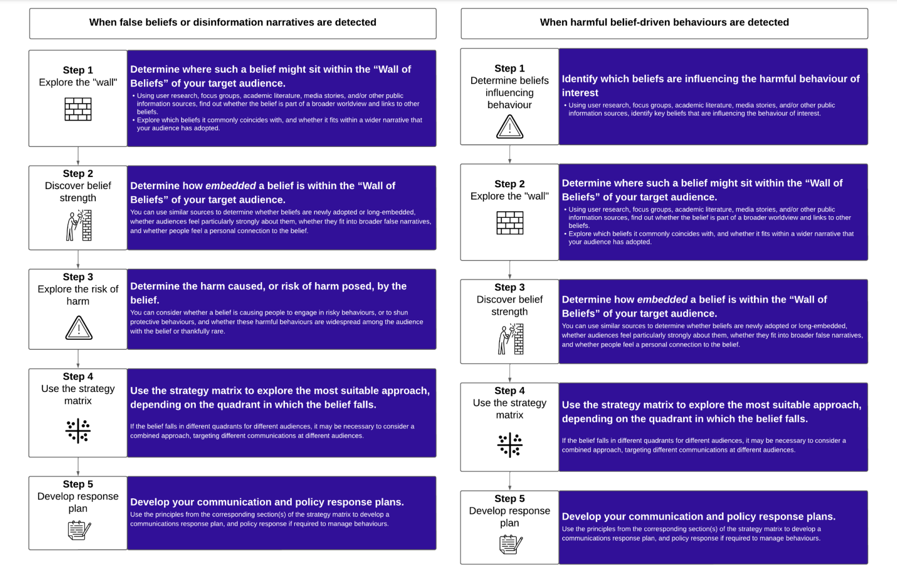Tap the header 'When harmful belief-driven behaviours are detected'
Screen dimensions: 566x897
[664, 23]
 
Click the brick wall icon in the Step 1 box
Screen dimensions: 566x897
[78, 109]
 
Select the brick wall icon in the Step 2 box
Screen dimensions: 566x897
[509, 223]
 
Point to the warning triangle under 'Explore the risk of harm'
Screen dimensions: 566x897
[79, 328]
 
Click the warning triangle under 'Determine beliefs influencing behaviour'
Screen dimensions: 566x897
[509, 127]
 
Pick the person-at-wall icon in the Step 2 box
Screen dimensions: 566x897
[79, 225]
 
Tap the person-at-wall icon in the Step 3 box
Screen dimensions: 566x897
[510, 339]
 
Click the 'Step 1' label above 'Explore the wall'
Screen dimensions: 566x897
[78, 70]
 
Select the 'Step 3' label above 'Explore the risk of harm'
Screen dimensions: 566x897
[78, 277]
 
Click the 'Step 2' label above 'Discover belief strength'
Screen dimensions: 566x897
[78, 174]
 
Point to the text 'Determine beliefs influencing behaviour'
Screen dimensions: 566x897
[509, 93]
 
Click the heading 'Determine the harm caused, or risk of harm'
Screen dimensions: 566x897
[268, 286]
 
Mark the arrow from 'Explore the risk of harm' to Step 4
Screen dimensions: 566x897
[78, 359]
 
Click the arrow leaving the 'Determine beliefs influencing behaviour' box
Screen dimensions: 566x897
[509, 154]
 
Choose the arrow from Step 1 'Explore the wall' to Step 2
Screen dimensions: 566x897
[78, 156]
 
